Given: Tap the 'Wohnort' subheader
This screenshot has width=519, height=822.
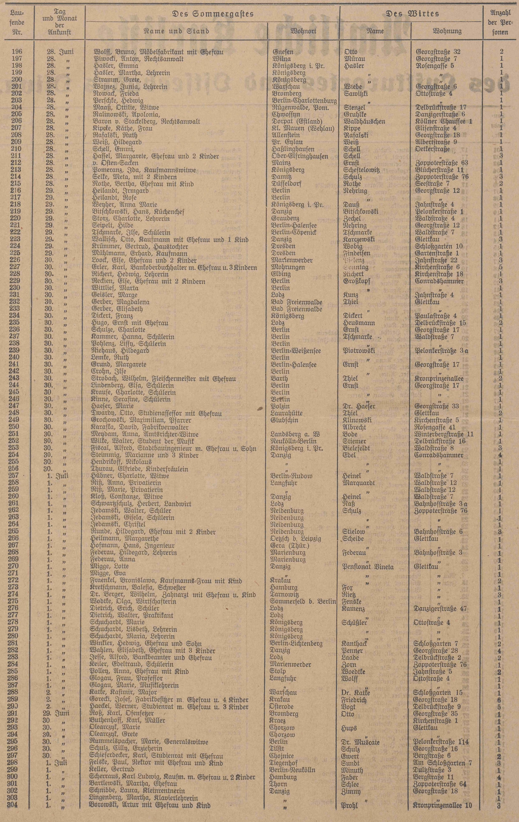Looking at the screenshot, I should click(303, 31).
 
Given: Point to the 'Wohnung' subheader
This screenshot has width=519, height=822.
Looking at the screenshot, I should click(447, 31).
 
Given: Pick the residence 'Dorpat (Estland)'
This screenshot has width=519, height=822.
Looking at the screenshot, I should click(297, 121).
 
